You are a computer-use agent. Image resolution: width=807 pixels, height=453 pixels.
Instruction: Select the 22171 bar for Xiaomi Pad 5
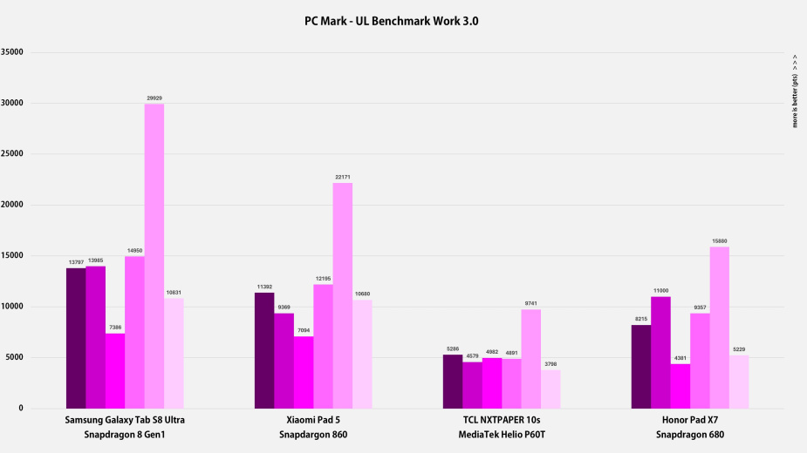click(x=343, y=295)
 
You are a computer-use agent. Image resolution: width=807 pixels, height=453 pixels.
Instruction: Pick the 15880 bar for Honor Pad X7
click(x=720, y=328)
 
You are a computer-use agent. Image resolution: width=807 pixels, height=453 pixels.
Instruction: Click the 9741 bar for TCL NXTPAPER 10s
click(x=531, y=359)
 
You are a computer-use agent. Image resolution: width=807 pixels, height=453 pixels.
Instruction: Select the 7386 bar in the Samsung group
click(x=115, y=371)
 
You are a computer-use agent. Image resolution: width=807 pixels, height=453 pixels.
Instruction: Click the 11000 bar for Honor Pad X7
click(x=660, y=352)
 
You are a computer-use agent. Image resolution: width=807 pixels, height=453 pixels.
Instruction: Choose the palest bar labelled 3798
click(x=551, y=389)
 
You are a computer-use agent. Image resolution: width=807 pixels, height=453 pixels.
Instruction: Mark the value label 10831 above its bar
click(x=174, y=292)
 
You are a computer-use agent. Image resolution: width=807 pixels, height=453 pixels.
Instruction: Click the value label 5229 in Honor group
click(x=739, y=349)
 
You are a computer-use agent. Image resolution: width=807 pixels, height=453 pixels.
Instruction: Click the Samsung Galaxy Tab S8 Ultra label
click(x=125, y=420)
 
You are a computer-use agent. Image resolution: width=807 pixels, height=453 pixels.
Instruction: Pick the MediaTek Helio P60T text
click(x=501, y=435)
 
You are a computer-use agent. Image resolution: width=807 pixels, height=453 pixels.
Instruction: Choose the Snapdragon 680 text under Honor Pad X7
click(x=690, y=435)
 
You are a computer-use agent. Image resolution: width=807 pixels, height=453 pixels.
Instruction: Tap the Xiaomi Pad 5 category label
click(x=313, y=420)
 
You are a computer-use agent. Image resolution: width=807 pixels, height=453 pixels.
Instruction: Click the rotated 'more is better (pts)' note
click(x=795, y=91)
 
